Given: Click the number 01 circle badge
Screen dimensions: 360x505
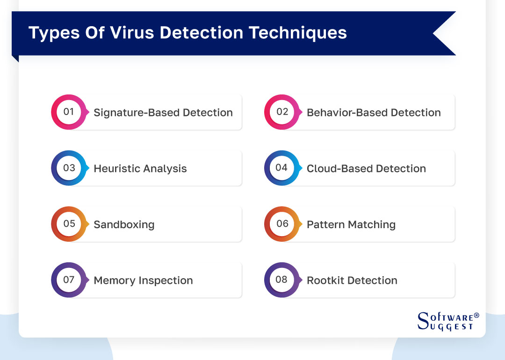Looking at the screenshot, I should click(x=69, y=112).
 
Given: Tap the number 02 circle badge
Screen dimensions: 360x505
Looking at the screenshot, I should click(x=282, y=112).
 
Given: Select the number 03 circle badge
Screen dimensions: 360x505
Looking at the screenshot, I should click(x=69, y=168).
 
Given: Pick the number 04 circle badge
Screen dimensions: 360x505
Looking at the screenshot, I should click(x=282, y=168).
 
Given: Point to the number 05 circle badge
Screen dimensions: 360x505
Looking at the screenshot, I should click(x=69, y=224).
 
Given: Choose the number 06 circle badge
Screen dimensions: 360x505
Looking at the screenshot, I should click(x=282, y=224).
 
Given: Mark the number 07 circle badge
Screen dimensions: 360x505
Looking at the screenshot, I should click(x=69, y=280).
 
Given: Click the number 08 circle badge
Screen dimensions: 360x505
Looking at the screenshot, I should click(x=282, y=280).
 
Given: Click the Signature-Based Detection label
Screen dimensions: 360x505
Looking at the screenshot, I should click(x=163, y=113).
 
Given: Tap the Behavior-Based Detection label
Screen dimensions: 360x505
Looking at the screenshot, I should click(x=374, y=113).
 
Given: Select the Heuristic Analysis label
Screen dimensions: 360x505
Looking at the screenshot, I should click(x=140, y=169).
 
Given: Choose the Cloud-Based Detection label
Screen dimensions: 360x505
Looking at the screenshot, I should click(x=366, y=169).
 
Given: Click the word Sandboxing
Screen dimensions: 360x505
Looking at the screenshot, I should click(x=124, y=225).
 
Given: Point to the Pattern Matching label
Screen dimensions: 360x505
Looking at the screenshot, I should click(x=351, y=225).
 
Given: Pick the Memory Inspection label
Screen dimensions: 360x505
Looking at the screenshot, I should click(x=143, y=281).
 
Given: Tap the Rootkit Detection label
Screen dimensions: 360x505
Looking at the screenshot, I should click(x=352, y=281).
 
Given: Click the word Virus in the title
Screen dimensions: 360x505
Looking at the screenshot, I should click(x=128, y=33).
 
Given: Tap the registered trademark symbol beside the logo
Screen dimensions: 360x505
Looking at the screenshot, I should click(x=476, y=316).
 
